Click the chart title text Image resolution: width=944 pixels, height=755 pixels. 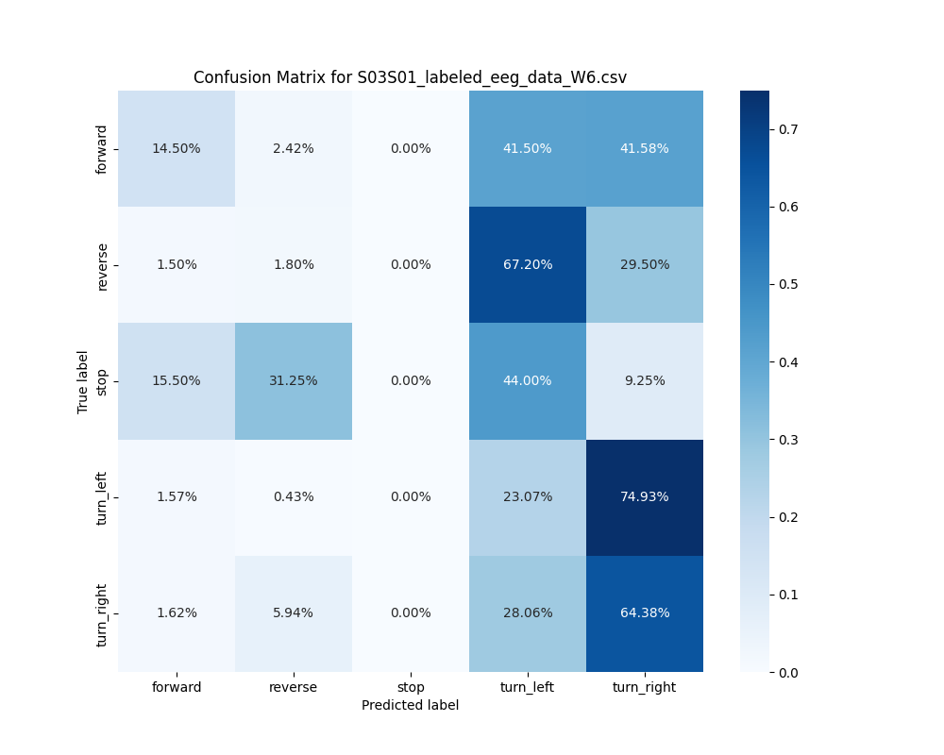410,77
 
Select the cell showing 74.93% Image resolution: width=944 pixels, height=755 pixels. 645,497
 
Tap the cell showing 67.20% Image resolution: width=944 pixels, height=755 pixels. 528,265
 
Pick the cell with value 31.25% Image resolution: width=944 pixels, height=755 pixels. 294,381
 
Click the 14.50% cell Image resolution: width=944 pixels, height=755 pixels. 177,149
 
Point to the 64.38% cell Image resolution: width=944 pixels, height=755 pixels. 645,613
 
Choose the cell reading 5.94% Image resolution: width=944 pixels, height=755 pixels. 294,613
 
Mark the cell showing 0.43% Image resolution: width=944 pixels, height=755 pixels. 294,497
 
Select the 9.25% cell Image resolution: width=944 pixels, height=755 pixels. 645,381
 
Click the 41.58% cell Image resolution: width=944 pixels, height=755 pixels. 645,149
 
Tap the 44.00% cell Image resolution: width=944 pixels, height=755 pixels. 528,381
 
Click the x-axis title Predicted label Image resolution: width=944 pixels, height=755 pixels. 410,705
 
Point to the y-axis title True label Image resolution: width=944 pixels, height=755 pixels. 83,381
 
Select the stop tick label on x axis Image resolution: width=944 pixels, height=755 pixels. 411,687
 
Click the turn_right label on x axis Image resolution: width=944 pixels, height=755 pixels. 645,687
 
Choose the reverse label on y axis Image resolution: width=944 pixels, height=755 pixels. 102,266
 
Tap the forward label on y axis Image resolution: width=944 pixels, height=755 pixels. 102,149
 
